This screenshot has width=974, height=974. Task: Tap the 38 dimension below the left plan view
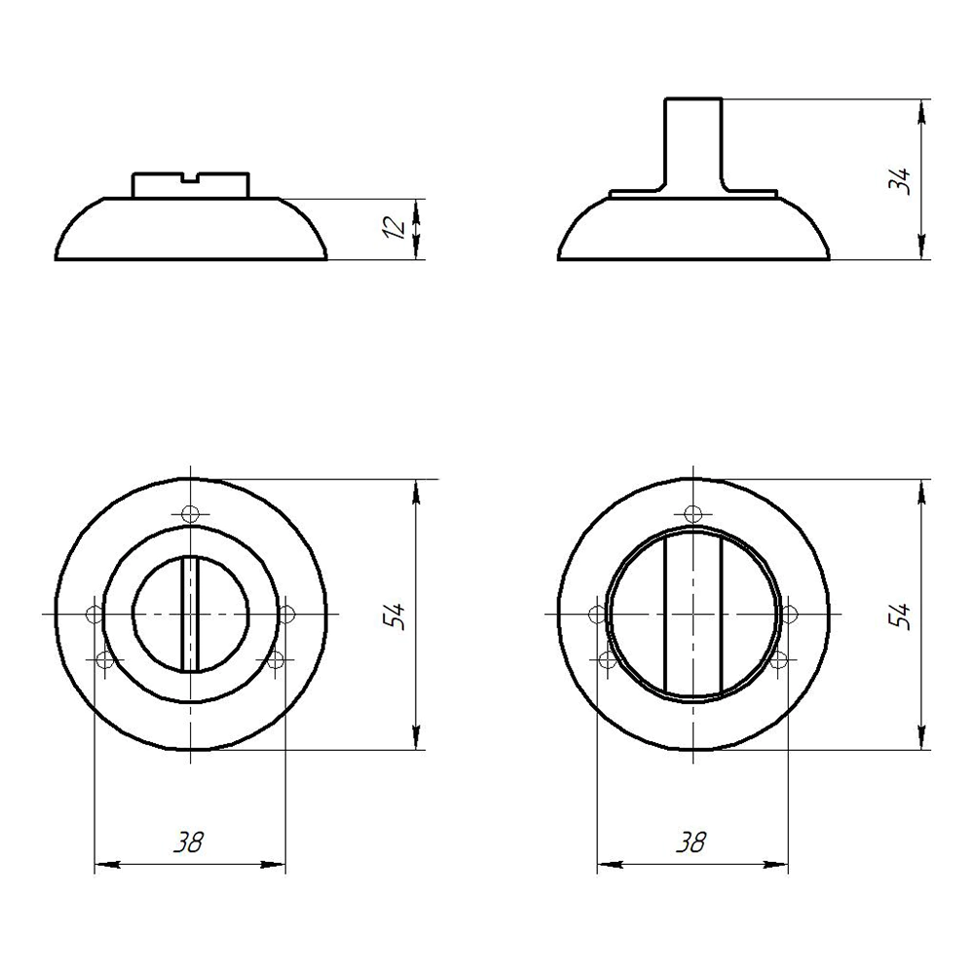point(188,843)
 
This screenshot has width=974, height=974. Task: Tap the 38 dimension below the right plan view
point(692,843)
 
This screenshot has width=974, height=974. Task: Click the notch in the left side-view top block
point(190,178)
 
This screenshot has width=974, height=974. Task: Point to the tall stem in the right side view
point(693,145)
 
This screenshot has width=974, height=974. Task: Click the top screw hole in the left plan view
point(190,513)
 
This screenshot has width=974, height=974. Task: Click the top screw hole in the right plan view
point(693,513)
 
